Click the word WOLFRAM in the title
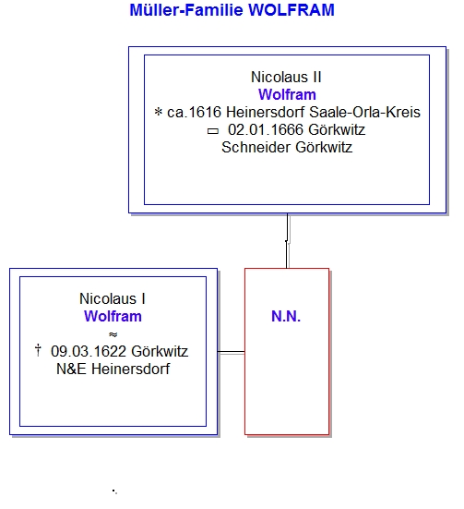[291, 10]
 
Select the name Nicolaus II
[286, 78]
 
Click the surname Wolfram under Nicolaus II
[287, 95]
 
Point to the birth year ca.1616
[194, 113]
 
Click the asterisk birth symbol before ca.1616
[159, 112]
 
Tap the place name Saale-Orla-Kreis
[364, 113]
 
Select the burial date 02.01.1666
[266, 130]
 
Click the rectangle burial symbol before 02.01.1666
[213, 131]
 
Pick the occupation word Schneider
[256, 148]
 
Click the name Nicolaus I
[113, 298]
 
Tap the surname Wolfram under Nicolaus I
[113, 316]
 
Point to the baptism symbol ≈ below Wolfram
[113, 334]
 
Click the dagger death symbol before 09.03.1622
[38, 350]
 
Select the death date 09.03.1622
[89, 351]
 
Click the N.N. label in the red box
[286, 316]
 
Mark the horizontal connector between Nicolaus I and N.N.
[232, 352]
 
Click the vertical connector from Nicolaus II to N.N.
[287, 240]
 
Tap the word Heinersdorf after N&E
[131, 369]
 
